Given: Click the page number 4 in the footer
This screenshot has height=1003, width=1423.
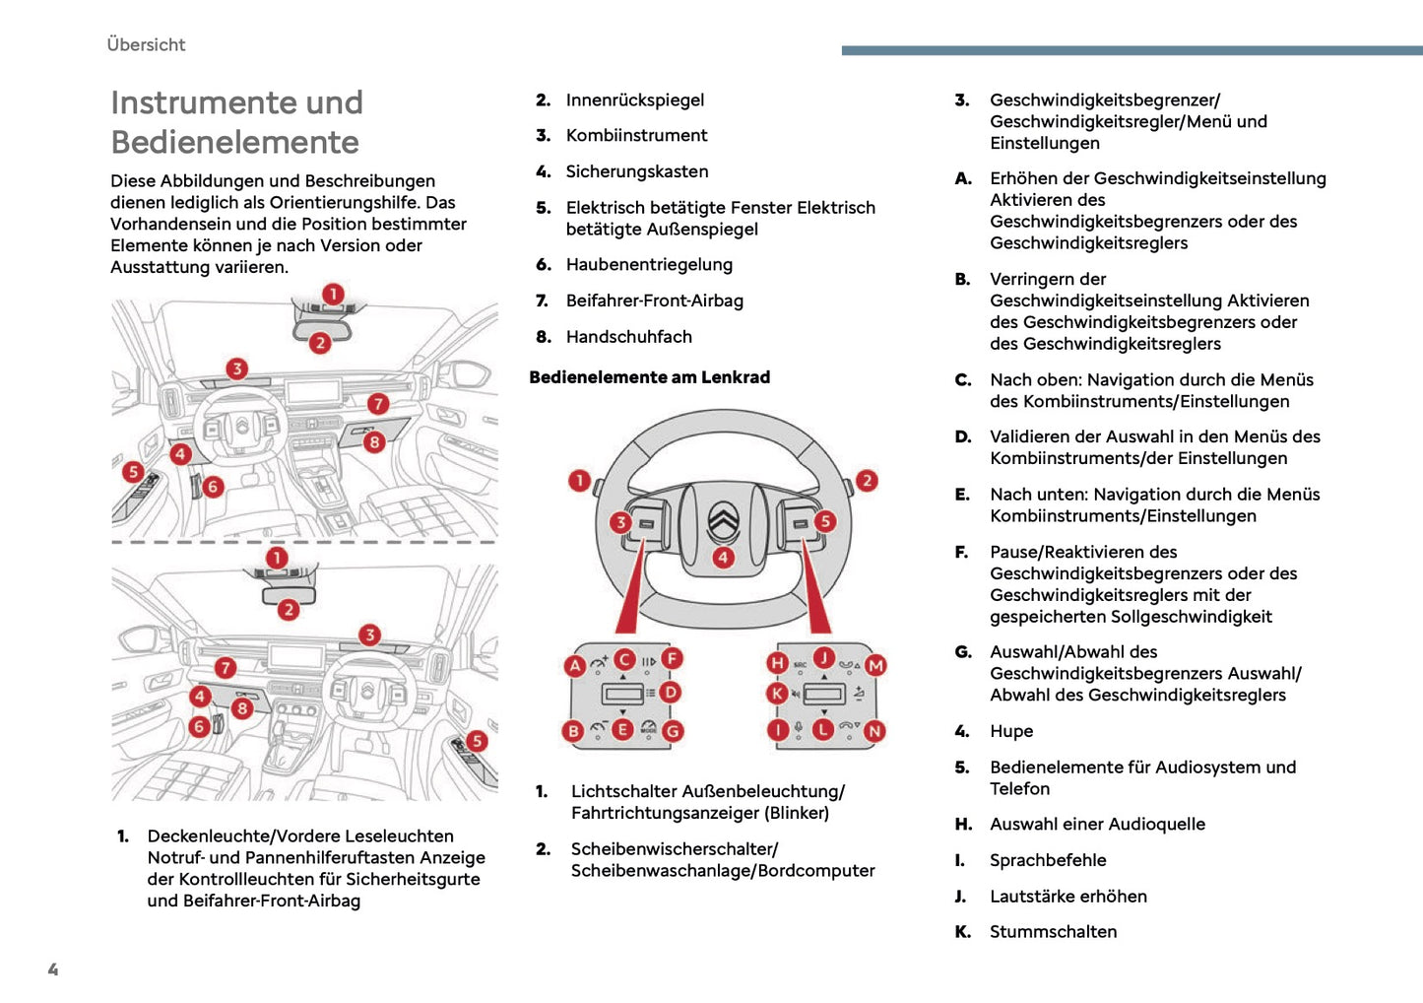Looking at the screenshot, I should coord(53,970).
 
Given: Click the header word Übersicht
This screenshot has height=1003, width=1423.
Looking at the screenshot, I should coord(146,44).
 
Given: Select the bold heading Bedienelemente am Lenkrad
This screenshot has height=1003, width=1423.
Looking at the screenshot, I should coord(649,377).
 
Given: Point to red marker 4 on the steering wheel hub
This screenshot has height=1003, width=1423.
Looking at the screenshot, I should coord(724,558).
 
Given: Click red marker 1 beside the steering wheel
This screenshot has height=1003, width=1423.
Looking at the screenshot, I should coord(580,481).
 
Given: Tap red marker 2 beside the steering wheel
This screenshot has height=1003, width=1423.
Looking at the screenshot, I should coord(867,481).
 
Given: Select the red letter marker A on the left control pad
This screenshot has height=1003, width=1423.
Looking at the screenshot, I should coord(575,666).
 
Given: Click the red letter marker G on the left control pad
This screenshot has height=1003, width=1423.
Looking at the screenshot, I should coord(673,732).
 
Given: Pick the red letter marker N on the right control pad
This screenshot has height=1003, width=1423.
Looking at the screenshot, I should coord(874,731).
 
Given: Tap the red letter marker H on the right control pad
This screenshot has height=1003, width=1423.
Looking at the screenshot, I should coord(778,663).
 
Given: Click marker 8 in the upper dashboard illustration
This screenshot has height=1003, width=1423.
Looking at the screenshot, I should coord(374,442).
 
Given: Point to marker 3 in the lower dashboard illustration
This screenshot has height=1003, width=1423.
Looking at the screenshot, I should coord(369,635).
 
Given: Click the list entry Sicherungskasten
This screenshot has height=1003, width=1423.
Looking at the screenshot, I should coord(636,171).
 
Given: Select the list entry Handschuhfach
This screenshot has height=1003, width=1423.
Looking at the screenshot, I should coord(628,337).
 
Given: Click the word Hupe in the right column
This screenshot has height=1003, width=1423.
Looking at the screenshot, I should coord(1011,731).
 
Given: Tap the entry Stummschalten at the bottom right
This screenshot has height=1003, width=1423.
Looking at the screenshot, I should coord(1053,932).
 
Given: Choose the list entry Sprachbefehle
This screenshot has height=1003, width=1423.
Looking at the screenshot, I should coord(1048,860).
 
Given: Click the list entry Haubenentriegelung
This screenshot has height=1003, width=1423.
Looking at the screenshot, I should coord(649,265).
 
